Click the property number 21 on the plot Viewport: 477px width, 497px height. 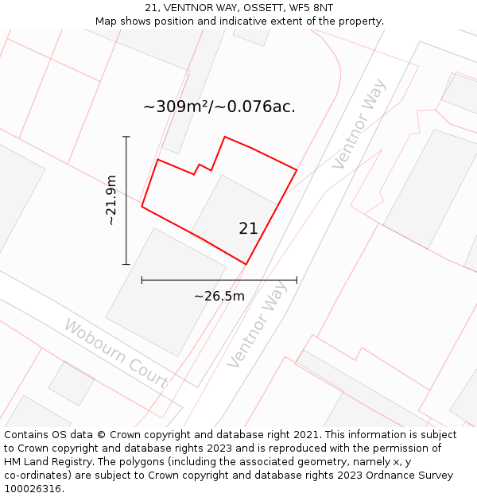(x=248, y=228)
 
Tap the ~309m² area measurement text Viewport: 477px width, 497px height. (x=176, y=107)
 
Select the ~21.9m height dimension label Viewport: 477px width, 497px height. (x=112, y=200)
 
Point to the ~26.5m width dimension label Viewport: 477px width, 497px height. (x=219, y=297)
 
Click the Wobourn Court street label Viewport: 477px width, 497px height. (x=115, y=354)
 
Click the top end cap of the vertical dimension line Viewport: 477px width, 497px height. (x=126, y=137)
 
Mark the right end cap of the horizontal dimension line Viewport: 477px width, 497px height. (x=297, y=280)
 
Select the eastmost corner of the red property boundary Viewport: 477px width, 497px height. (x=297, y=169)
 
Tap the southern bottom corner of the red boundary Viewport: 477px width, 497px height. (x=246, y=264)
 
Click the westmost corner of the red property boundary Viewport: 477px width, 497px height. (x=142, y=207)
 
